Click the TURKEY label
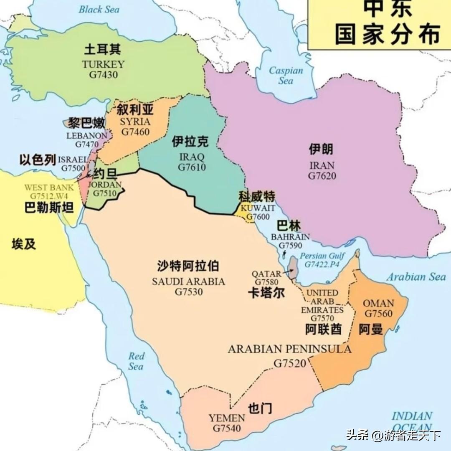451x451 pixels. tap(103, 64)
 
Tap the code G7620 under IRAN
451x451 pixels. tap(322, 176)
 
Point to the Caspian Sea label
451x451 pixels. tap(286, 75)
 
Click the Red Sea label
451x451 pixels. tap(136, 361)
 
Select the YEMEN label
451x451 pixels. tap(227, 418)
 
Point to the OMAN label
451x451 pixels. tap(378, 303)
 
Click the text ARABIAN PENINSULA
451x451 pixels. tap(289, 349)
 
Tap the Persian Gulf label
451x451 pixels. tap(322, 256)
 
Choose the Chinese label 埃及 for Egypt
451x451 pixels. tap(24, 244)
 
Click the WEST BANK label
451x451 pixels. tap(49, 187)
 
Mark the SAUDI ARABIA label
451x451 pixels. tap(188, 281)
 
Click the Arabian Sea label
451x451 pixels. tap(416, 276)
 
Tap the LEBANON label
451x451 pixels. tap(86, 136)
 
